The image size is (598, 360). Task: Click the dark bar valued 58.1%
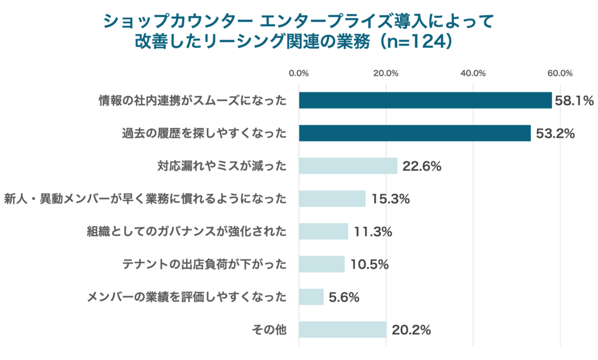(x=425, y=101)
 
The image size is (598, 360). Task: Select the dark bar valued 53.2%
(x=415, y=133)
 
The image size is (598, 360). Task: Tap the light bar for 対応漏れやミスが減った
(x=348, y=166)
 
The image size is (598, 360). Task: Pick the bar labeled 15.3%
(x=332, y=199)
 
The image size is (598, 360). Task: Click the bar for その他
(x=343, y=330)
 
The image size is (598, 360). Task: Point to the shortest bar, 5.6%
(x=311, y=297)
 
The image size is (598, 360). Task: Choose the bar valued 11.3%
(x=324, y=231)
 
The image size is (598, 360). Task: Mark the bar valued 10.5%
(x=322, y=264)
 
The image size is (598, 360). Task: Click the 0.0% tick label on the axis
(x=299, y=73)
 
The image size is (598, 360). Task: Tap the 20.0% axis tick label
(x=386, y=73)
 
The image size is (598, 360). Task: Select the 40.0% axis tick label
(x=473, y=73)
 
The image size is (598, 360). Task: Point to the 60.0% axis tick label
(x=560, y=73)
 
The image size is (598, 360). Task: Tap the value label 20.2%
(x=411, y=330)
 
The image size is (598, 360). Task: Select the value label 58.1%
(x=574, y=101)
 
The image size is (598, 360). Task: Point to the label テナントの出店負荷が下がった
(x=204, y=264)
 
